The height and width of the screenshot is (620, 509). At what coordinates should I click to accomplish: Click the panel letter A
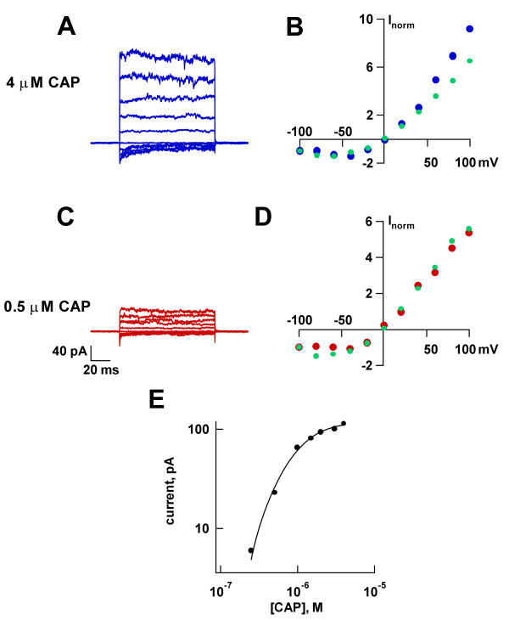[x=70, y=28]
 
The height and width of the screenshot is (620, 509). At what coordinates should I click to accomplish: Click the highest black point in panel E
[x=344, y=423]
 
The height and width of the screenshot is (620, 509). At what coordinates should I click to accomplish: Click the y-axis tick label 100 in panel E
[x=198, y=430]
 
